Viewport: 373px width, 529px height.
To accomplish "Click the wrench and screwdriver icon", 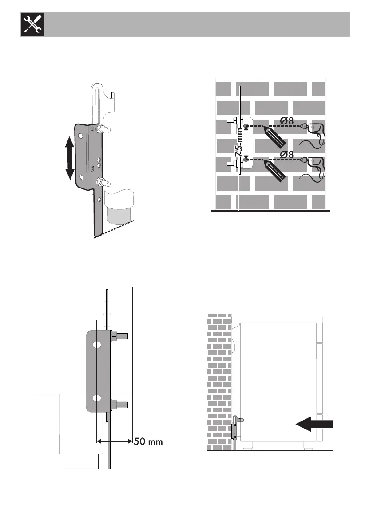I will [29, 24].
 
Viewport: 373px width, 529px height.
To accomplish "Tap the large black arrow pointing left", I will [314, 425].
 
